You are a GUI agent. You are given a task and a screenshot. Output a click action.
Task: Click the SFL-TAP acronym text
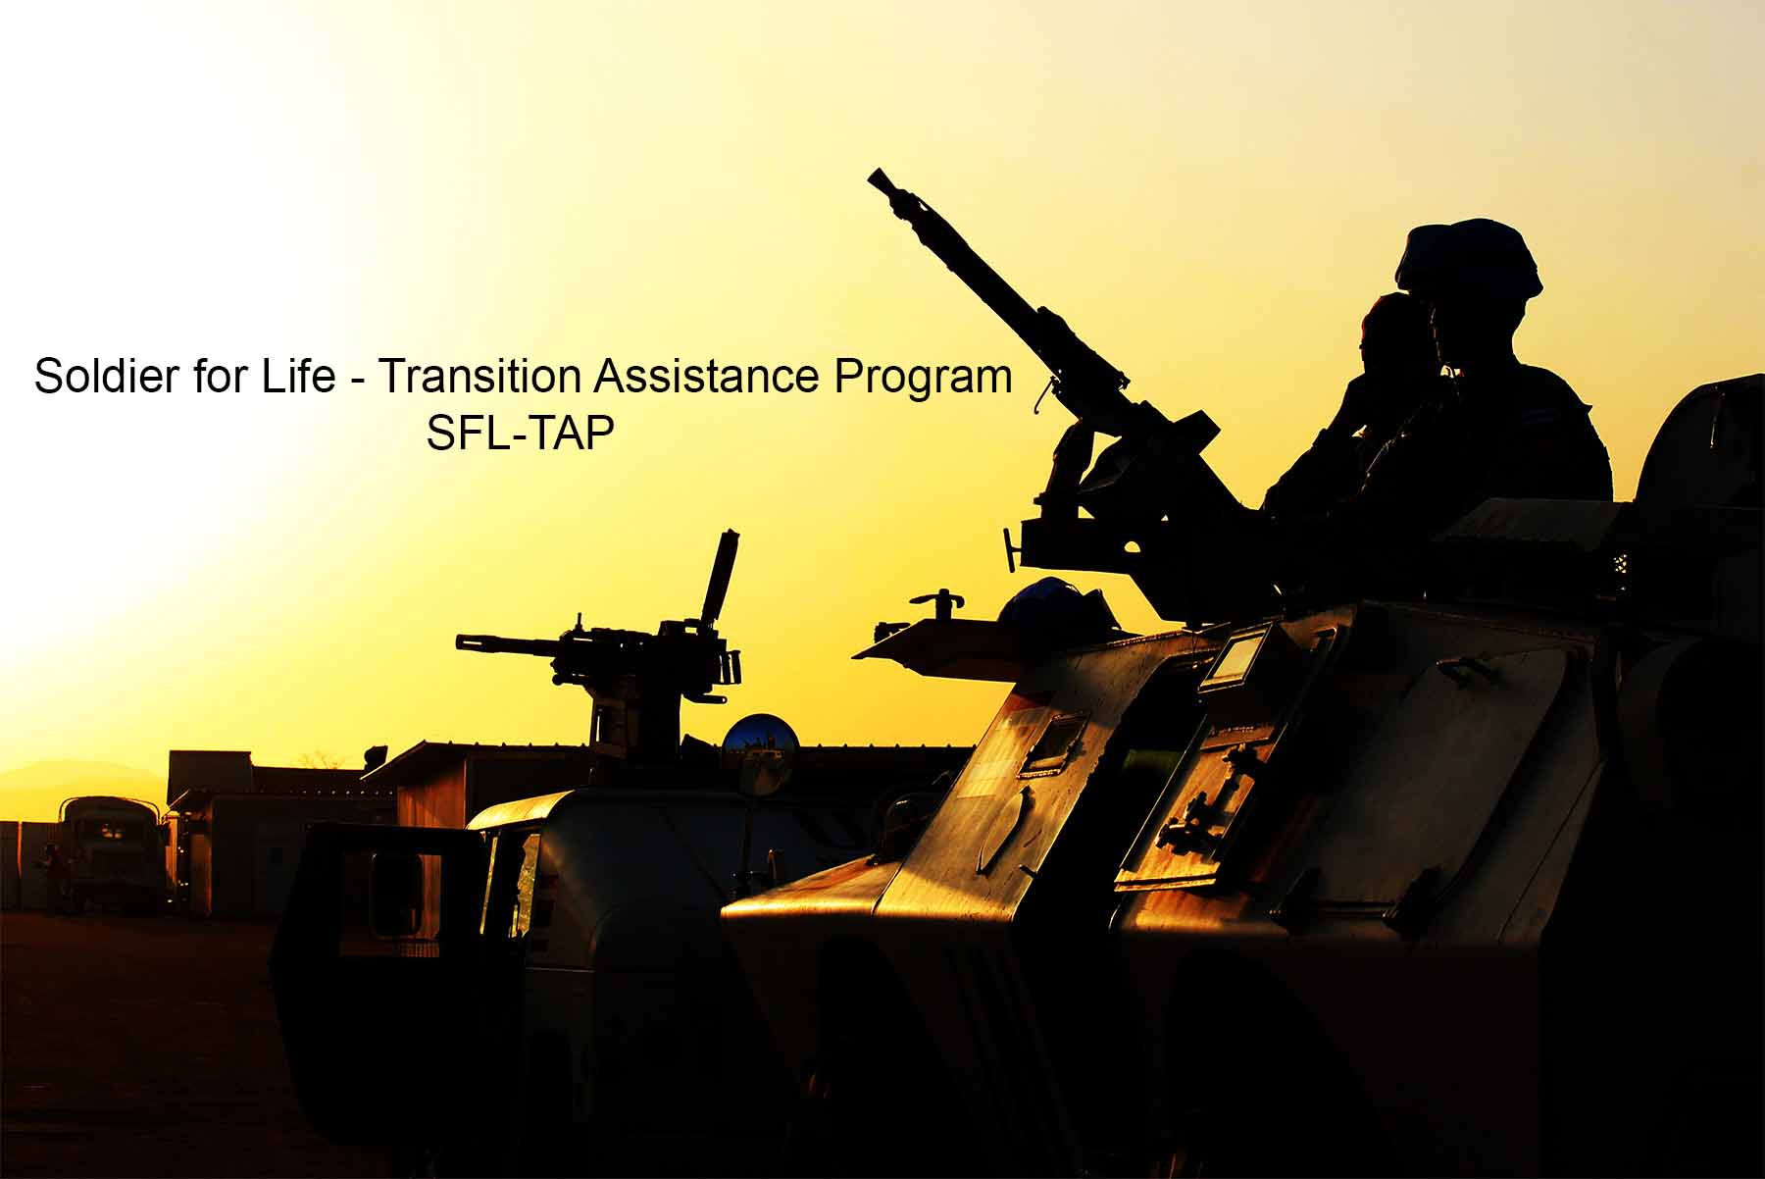(521, 433)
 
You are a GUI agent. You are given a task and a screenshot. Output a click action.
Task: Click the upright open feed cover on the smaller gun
(719, 579)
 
